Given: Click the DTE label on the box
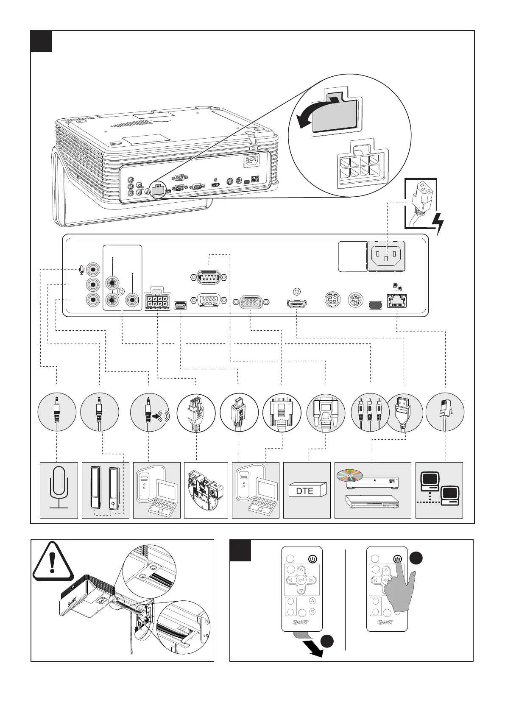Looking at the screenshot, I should pyautogui.click(x=305, y=491).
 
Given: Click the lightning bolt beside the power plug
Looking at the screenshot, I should pyautogui.click(x=439, y=223).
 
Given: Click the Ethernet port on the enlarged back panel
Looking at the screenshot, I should pyautogui.click(x=397, y=301).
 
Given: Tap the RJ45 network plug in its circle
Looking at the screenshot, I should pyautogui.click(x=445, y=412).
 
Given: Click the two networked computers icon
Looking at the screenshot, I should pyautogui.click(x=440, y=489).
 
